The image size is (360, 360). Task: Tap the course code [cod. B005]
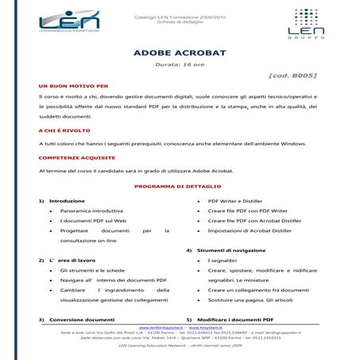293,75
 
